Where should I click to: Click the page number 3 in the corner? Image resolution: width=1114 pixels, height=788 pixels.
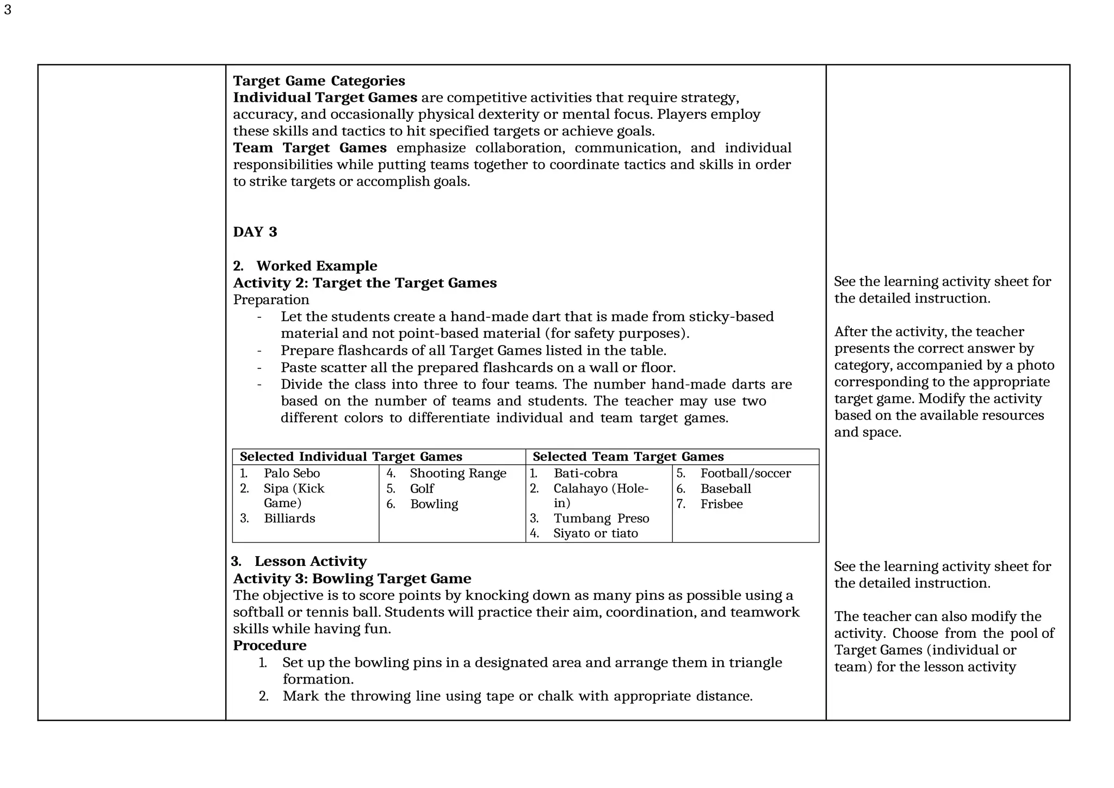pyautogui.click(x=8, y=10)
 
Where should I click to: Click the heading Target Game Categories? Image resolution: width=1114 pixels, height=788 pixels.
pyautogui.click(x=319, y=81)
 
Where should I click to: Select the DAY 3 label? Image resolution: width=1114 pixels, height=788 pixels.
pyautogui.click(x=255, y=232)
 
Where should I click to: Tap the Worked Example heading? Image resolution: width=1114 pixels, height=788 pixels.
pyautogui.click(x=316, y=266)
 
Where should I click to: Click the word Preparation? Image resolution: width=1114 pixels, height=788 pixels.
pyautogui.click(x=271, y=300)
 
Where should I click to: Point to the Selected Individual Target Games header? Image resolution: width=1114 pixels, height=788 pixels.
pyautogui.click(x=351, y=457)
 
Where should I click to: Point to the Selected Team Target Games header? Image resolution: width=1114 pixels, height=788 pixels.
pyautogui.click(x=628, y=457)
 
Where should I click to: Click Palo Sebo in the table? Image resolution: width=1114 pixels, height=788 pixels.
pyautogui.click(x=292, y=473)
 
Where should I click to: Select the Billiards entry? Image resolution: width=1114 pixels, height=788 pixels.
pyautogui.click(x=289, y=519)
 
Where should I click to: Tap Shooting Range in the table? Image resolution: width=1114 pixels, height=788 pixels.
pyautogui.click(x=457, y=473)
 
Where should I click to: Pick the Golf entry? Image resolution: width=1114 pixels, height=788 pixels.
pyautogui.click(x=422, y=489)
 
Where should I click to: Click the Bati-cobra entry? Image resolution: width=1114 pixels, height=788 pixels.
pyautogui.click(x=585, y=473)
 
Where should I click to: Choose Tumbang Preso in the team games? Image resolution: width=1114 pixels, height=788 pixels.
pyautogui.click(x=601, y=519)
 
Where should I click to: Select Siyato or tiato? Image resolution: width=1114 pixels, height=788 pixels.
pyautogui.click(x=595, y=533)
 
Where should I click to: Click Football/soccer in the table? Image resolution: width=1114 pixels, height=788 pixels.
pyautogui.click(x=745, y=473)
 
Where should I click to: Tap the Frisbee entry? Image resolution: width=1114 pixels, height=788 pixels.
pyautogui.click(x=721, y=504)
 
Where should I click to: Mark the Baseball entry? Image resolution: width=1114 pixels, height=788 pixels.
pyautogui.click(x=725, y=489)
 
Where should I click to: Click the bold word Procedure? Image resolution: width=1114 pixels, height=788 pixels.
pyautogui.click(x=269, y=645)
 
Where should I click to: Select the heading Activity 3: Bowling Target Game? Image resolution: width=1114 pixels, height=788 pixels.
pyautogui.click(x=352, y=578)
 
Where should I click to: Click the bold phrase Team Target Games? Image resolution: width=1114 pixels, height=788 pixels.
pyautogui.click(x=310, y=148)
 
